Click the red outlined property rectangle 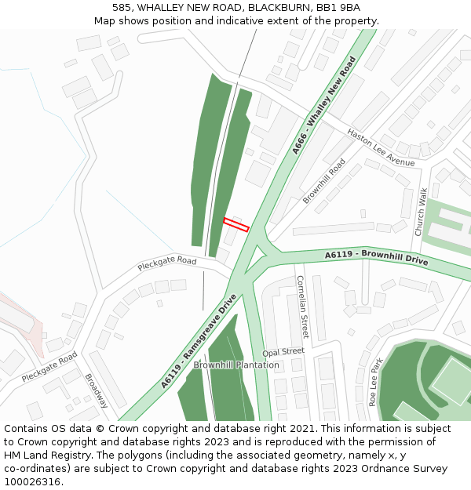tap(236, 224)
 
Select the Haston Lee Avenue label tap(381, 147)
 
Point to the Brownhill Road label tap(324, 181)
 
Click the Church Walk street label tap(422, 212)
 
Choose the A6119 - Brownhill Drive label tap(377, 258)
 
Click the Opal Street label tap(283, 352)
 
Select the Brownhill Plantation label tap(236, 365)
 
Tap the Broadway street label tap(96, 390)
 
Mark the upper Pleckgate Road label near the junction tap(166, 263)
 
